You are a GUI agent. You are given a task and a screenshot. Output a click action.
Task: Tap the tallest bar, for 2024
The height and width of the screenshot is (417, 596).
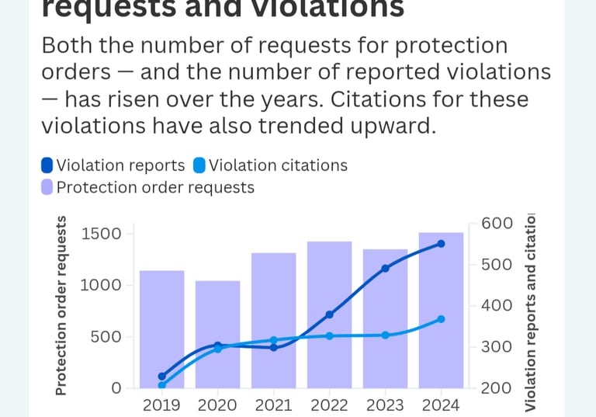click(441, 310)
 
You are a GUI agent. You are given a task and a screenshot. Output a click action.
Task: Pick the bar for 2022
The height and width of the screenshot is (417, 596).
click(329, 314)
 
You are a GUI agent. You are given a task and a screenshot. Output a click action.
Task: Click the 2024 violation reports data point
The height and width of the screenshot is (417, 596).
click(441, 244)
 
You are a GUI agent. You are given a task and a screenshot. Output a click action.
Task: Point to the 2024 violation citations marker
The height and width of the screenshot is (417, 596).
click(441, 319)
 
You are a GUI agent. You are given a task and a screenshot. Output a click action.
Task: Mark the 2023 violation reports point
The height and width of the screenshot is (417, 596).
click(385, 269)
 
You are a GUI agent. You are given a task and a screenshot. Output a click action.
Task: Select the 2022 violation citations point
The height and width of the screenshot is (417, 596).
click(329, 336)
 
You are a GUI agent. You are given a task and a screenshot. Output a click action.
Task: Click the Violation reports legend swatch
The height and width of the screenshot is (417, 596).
click(47, 165)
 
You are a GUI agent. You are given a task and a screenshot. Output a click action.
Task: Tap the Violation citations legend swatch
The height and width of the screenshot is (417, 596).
click(199, 165)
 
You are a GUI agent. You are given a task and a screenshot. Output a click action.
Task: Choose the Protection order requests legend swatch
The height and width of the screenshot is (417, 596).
click(47, 187)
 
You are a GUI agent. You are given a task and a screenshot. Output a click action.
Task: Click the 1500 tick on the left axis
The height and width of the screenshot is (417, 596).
click(102, 234)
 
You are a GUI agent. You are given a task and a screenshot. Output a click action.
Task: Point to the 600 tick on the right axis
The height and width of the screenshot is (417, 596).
click(497, 224)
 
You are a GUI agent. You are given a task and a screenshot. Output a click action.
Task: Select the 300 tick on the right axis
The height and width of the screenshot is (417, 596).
click(497, 346)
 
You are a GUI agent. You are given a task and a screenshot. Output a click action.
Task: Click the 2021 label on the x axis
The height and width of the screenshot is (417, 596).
click(273, 405)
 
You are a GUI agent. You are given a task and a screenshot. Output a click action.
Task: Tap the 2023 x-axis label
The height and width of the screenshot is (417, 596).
click(385, 405)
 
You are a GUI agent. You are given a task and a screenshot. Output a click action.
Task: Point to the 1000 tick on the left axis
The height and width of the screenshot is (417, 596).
click(102, 285)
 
